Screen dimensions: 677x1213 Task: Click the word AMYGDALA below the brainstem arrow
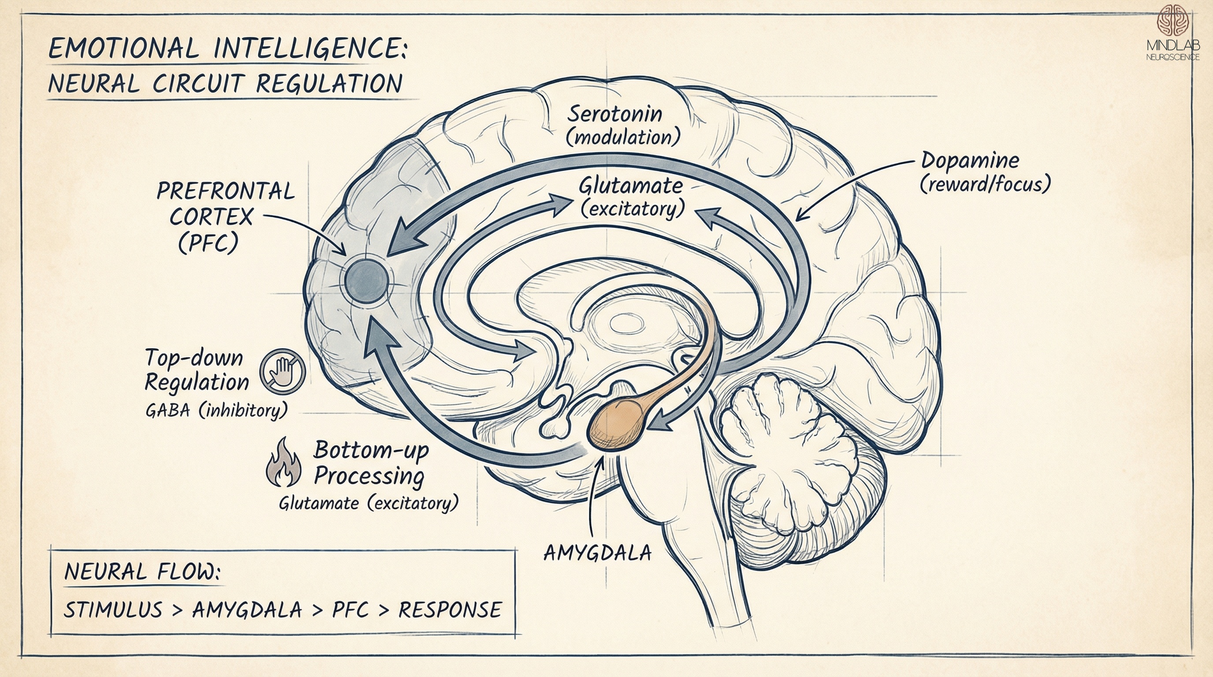597,553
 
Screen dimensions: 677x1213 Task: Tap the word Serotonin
614,115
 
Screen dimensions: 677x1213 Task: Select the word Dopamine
970,161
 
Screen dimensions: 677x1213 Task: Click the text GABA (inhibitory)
216,410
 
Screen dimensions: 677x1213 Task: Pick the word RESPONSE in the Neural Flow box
450,610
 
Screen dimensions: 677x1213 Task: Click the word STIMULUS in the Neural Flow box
113,610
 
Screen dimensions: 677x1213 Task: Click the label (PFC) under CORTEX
208,243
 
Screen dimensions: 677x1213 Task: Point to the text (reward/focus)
985,185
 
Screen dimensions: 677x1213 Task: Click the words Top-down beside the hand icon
193,358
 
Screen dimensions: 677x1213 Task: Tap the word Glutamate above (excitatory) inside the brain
630,186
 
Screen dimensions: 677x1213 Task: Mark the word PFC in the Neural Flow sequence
350,610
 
